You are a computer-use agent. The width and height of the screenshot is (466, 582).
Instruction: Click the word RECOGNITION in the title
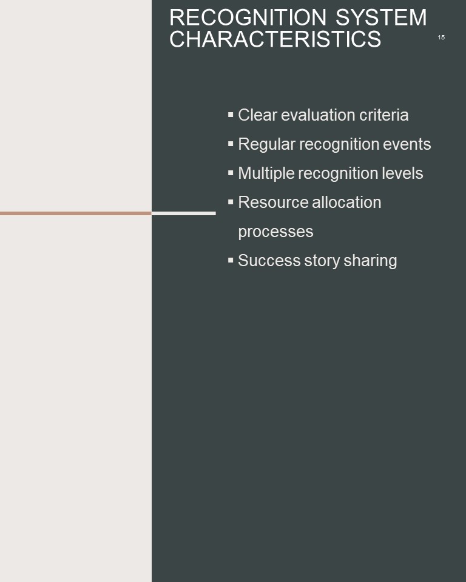[248, 18]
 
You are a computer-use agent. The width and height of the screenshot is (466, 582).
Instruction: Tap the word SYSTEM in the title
[381, 18]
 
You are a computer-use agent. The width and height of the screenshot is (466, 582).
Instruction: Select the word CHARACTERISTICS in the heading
[275, 39]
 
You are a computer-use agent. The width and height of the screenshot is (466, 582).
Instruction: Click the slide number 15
[441, 38]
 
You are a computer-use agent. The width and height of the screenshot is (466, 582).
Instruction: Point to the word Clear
[258, 115]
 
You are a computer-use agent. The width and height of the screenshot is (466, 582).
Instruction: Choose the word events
[407, 144]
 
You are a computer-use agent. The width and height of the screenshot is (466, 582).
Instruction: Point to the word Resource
[273, 202]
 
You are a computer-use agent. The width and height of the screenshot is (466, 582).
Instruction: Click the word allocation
[346, 202]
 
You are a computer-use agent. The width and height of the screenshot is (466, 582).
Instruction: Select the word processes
[275, 232]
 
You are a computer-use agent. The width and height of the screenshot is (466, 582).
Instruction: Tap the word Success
[269, 261]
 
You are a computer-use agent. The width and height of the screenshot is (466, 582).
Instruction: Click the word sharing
[370, 261]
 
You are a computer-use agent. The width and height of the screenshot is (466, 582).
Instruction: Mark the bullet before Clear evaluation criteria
[231, 115]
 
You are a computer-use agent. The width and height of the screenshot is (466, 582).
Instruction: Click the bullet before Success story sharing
[231, 260]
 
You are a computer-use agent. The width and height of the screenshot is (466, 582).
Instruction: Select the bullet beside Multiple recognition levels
[231, 173]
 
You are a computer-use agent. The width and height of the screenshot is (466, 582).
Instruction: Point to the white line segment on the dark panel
[184, 213]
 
